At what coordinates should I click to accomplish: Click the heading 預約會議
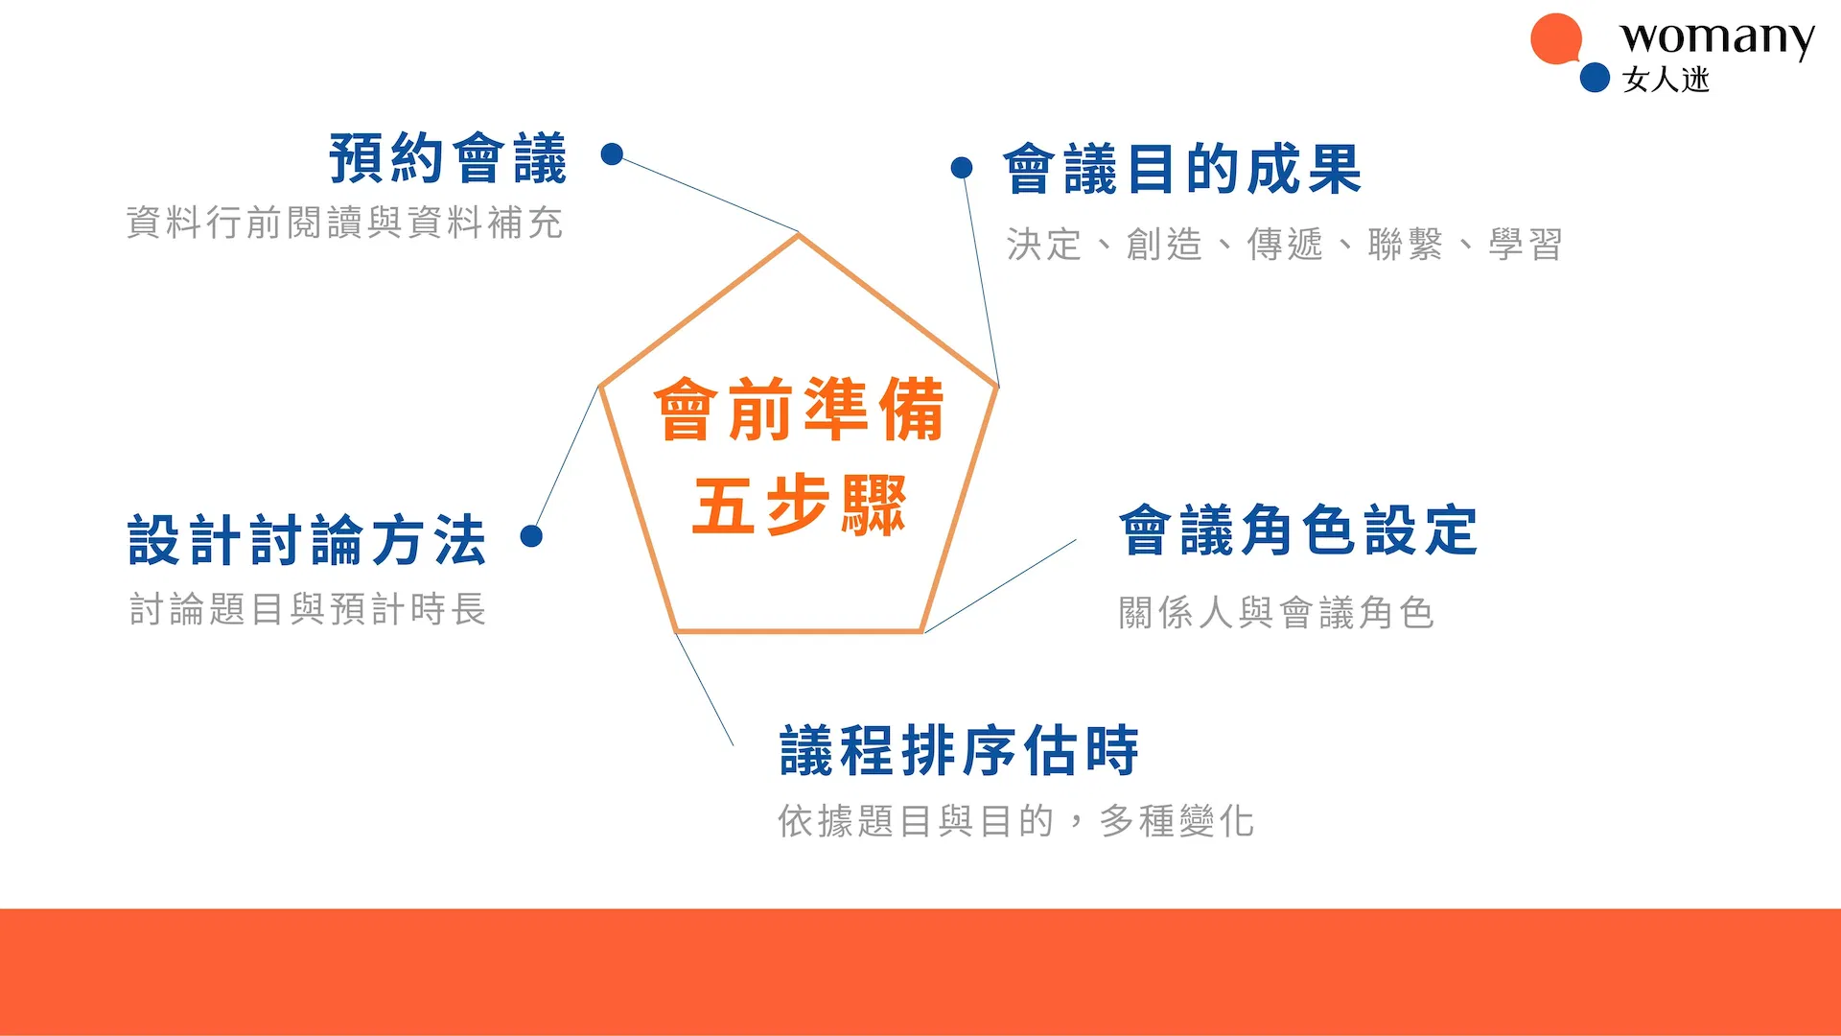point(448,158)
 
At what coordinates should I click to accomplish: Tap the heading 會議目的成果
point(1182,169)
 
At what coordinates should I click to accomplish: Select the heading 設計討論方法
point(307,539)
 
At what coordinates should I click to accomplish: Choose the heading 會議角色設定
point(1298,530)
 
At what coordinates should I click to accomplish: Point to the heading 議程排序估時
point(960,750)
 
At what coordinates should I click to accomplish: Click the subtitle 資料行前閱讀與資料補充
point(344,223)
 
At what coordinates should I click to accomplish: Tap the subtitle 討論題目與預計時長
point(308,609)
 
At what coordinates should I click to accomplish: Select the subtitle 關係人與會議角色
point(1276,612)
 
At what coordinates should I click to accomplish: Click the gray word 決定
point(1044,245)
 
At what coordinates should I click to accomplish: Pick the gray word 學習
point(1526,245)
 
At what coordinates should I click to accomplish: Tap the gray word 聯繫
point(1405,245)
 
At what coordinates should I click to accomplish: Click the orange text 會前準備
point(800,410)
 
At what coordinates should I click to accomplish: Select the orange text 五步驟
point(800,505)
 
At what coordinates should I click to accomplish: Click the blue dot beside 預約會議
point(612,153)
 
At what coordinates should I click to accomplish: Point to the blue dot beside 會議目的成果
point(962,168)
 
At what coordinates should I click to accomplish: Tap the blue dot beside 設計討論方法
point(531,535)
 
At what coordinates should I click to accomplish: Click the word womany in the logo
point(1717,38)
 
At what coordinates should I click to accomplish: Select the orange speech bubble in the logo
point(1555,39)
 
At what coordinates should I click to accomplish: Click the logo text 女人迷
point(1666,80)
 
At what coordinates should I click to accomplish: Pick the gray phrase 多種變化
point(1177,821)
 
